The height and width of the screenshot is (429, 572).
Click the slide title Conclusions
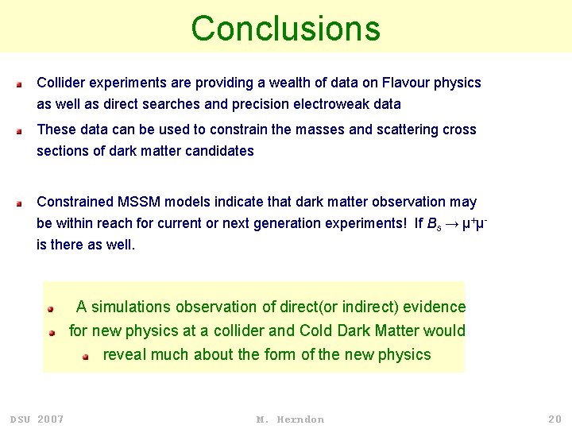click(x=285, y=29)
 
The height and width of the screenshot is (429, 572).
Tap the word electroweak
click(x=315, y=104)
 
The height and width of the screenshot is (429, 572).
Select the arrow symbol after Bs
click(x=450, y=224)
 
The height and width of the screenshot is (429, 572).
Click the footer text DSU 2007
click(x=37, y=419)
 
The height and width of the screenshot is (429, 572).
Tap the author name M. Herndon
click(x=290, y=419)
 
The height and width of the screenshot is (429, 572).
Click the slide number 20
click(x=554, y=419)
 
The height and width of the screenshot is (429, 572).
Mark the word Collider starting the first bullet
click(x=62, y=83)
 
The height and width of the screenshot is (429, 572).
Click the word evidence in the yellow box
click(x=435, y=307)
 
